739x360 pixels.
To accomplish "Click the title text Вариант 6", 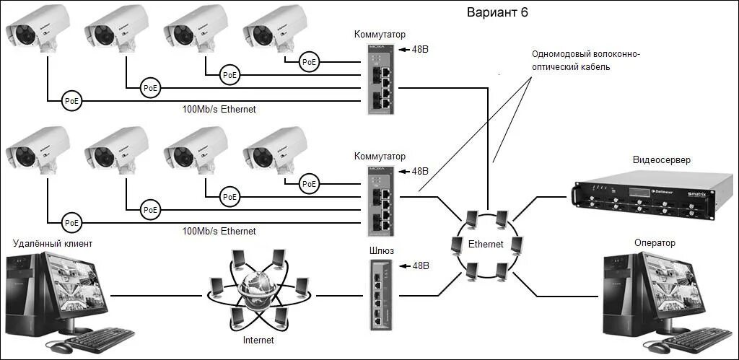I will pyautogui.click(x=502, y=13).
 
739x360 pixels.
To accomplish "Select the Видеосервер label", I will pyautogui.click(x=662, y=160).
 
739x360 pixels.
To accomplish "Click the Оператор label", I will pyautogui.click(x=655, y=243).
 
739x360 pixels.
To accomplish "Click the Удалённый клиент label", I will pyautogui.click(x=53, y=243).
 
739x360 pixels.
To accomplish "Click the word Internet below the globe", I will pyautogui.click(x=258, y=339).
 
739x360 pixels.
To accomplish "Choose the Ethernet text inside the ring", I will pyautogui.click(x=485, y=244).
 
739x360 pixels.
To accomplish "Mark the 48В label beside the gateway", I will pyautogui.click(x=419, y=266).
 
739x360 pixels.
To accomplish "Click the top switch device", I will pyautogui.click(x=380, y=78).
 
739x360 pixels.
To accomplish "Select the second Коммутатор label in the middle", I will pyautogui.click(x=380, y=156).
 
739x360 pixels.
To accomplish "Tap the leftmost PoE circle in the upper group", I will pyautogui.click(x=71, y=100).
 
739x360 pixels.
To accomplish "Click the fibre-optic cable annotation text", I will pyautogui.click(x=585, y=61).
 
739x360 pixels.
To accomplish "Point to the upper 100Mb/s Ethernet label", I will pyautogui.click(x=219, y=109).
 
